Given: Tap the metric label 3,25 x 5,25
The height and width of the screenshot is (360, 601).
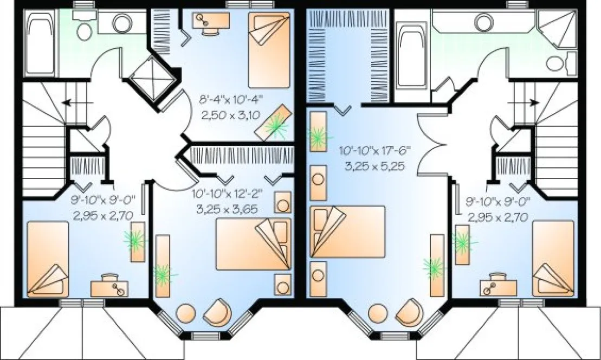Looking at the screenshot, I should [375, 166].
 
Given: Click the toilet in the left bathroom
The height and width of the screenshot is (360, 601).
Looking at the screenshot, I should [84, 31].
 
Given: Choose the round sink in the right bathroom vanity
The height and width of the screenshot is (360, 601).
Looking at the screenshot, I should [482, 22].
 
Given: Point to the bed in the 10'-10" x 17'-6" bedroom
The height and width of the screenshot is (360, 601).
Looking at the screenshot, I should [347, 231].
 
